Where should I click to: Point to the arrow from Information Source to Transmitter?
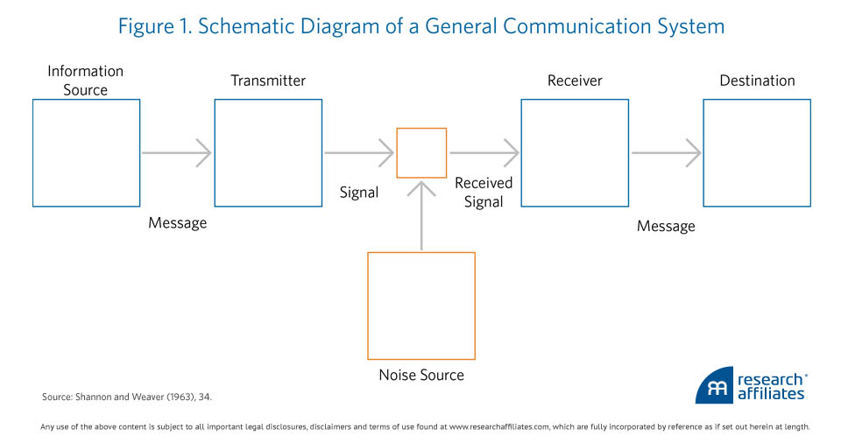point(176,153)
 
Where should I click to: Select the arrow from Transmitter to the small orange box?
point(359,153)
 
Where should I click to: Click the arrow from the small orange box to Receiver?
point(484,153)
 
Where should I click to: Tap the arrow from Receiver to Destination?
point(666,153)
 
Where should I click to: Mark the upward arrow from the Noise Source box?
point(421,215)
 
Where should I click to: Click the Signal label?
point(359,193)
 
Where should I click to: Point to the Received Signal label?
point(484,192)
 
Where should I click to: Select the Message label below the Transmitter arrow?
point(178,222)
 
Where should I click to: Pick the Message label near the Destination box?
point(666,226)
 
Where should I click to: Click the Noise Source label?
point(421,375)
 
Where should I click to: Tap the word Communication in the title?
point(565,26)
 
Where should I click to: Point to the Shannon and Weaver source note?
point(127,397)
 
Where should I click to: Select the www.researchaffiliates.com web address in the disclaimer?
point(498,427)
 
